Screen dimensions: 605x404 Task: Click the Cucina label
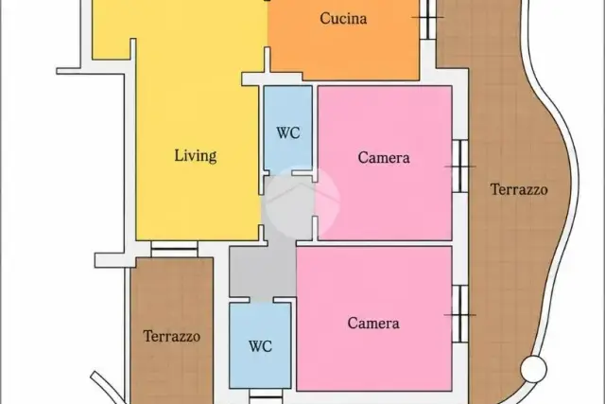coord(343,19)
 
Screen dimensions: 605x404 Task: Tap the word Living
coord(196,156)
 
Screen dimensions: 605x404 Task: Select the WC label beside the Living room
coord(288,132)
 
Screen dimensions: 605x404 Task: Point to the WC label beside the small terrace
coord(261,346)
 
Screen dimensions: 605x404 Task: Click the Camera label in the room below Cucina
coord(384,158)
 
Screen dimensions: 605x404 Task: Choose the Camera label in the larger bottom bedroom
coord(373,324)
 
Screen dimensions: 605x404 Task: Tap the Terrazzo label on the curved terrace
coord(519,189)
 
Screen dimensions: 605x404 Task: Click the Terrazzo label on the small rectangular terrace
coord(172,337)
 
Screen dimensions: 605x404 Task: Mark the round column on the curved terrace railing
coord(533,369)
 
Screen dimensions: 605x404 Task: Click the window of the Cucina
coord(427,17)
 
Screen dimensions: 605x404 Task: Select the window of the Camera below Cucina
coord(460,167)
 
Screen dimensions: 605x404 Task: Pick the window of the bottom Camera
coord(460,314)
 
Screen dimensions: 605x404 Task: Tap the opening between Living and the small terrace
coord(174,249)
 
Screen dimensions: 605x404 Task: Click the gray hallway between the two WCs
coord(263,272)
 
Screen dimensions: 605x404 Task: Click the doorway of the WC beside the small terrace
coord(261,300)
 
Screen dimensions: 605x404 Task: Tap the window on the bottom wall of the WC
coord(266,396)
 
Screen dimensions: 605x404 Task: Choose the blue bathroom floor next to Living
coord(287,129)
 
